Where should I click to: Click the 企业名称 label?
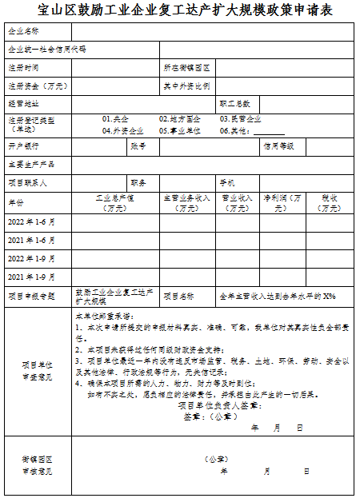[x=23, y=31]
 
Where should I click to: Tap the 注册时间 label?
[x=23, y=67]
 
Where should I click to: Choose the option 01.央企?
[x=117, y=118]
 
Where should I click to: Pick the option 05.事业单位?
[x=179, y=130]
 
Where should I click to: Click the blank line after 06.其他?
[x=269, y=131]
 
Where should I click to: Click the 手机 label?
[x=227, y=182]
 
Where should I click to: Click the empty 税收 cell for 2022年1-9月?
[x=330, y=258]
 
